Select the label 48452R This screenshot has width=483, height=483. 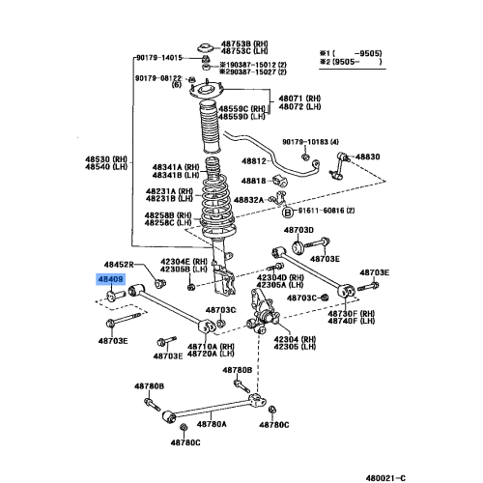click(x=120, y=263)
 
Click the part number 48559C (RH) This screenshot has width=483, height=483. click(x=240, y=108)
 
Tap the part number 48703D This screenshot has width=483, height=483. click(x=298, y=230)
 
